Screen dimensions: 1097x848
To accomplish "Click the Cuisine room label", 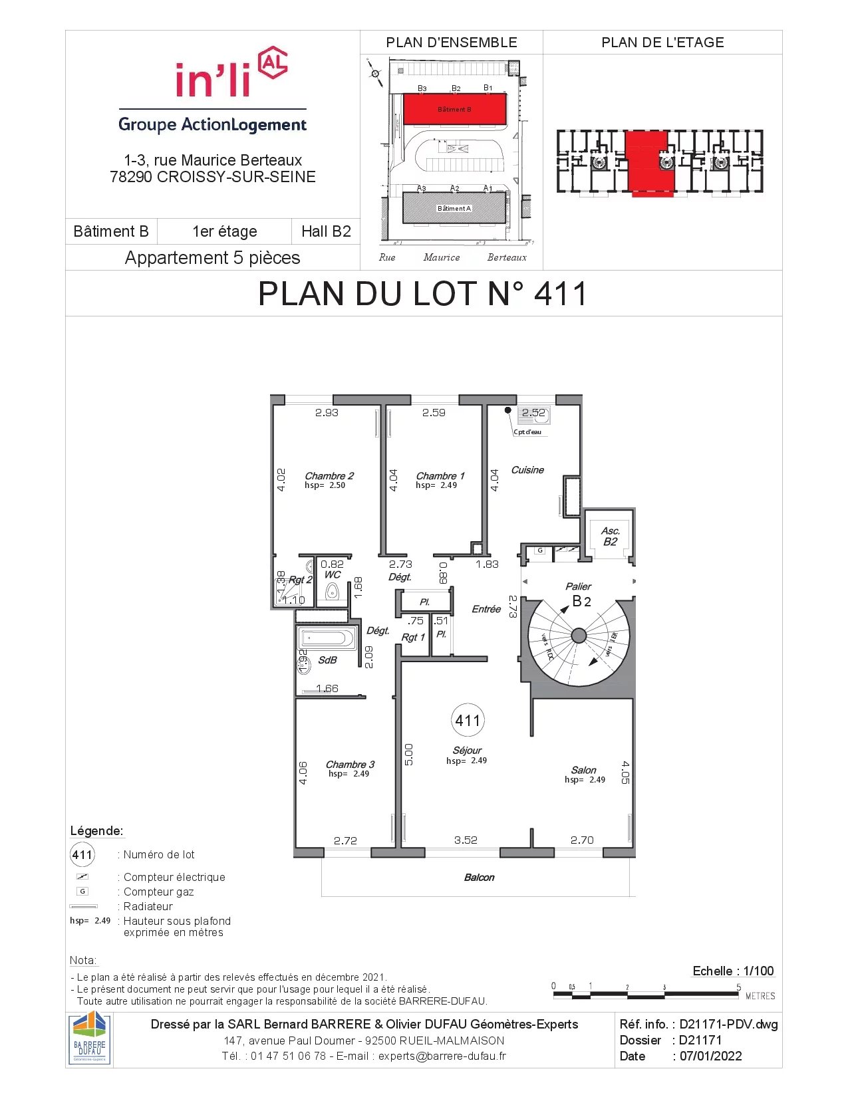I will click(x=527, y=470).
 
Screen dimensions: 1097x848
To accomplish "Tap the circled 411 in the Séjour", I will click(x=468, y=720).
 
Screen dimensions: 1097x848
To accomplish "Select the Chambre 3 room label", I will click(x=350, y=765).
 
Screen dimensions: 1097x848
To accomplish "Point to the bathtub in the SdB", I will click(x=327, y=639).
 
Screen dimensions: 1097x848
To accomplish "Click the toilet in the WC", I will click(x=332, y=591).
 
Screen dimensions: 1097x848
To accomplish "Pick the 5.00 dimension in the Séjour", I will click(x=409, y=755).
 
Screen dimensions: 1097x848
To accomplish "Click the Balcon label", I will click(x=479, y=878).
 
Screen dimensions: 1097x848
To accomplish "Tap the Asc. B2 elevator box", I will click(x=610, y=536).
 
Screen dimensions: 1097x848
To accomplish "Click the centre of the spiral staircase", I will click(x=579, y=636).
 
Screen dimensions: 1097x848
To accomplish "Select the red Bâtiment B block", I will click(x=455, y=109).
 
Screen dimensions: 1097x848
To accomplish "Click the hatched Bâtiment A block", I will click(x=454, y=208).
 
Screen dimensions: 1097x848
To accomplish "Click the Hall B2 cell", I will click(x=326, y=231).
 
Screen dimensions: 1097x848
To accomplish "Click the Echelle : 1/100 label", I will click(x=733, y=971).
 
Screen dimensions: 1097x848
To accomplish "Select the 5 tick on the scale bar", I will click(x=738, y=988).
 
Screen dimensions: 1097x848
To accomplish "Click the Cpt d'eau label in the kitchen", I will click(x=527, y=432).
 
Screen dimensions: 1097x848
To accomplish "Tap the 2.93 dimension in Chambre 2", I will click(x=327, y=413).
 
